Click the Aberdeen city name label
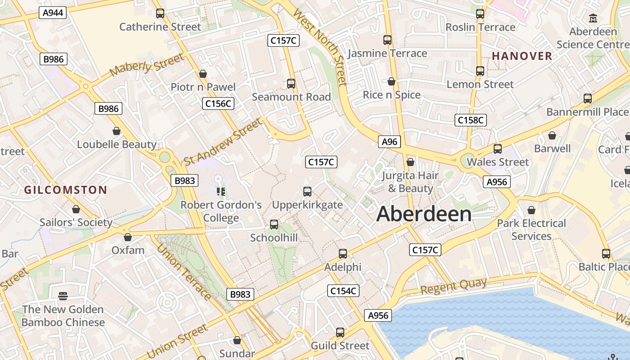[424, 214]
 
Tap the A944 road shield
[53, 13]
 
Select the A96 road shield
[390, 142]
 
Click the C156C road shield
[218, 103]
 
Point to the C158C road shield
[471, 120]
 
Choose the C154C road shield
[343, 291]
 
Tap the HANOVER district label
[522, 56]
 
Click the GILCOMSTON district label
[66, 190]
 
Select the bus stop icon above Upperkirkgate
[307, 192]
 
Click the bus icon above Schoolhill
[274, 224]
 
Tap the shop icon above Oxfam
[128, 237]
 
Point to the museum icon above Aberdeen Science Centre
[593, 18]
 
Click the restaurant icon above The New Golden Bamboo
[63, 296]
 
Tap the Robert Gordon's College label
[221, 211]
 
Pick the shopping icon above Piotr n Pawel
[203, 74]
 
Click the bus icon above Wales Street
[498, 149]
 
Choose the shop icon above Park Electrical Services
[531, 210]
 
